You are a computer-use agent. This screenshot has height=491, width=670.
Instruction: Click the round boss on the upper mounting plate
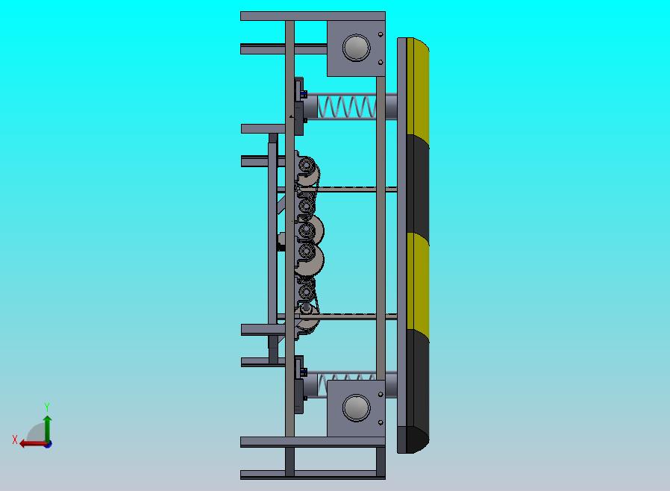[357, 48]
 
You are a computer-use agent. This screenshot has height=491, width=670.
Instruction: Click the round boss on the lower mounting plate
[357, 407]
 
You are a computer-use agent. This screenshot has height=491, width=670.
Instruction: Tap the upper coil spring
[346, 107]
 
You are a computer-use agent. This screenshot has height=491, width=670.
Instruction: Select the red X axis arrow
[34, 443]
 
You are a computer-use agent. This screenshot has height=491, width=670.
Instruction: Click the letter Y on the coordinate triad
[47, 407]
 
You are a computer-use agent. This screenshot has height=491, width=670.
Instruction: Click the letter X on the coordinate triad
[15, 440]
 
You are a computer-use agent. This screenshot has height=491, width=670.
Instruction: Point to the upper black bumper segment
[418, 184]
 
